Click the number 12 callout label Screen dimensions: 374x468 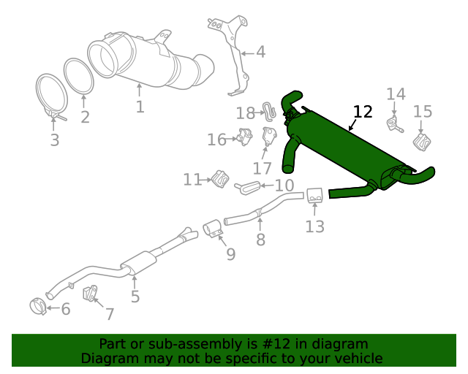pyautogui.click(x=363, y=112)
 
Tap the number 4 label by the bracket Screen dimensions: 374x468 pyautogui.click(x=260, y=52)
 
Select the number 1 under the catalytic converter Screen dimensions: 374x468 pyautogui.click(x=140, y=107)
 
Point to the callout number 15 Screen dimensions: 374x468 pyautogui.click(x=423, y=111)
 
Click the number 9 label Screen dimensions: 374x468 pyautogui.click(x=230, y=253)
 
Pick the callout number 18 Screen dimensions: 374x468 pyautogui.click(x=245, y=112)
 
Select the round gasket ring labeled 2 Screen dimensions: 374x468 pyautogui.click(x=80, y=77)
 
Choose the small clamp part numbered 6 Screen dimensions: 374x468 pyautogui.click(x=38, y=305)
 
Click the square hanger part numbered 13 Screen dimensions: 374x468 pyautogui.click(x=315, y=195)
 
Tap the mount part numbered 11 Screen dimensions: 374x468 pyautogui.click(x=219, y=178)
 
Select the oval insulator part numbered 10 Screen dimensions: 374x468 pyautogui.click(x=247, y=188)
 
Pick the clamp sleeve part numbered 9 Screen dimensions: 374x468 pyautogui.click(x=213, y=229)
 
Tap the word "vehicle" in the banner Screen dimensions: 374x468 pyautogui.click(x=357, y=358)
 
